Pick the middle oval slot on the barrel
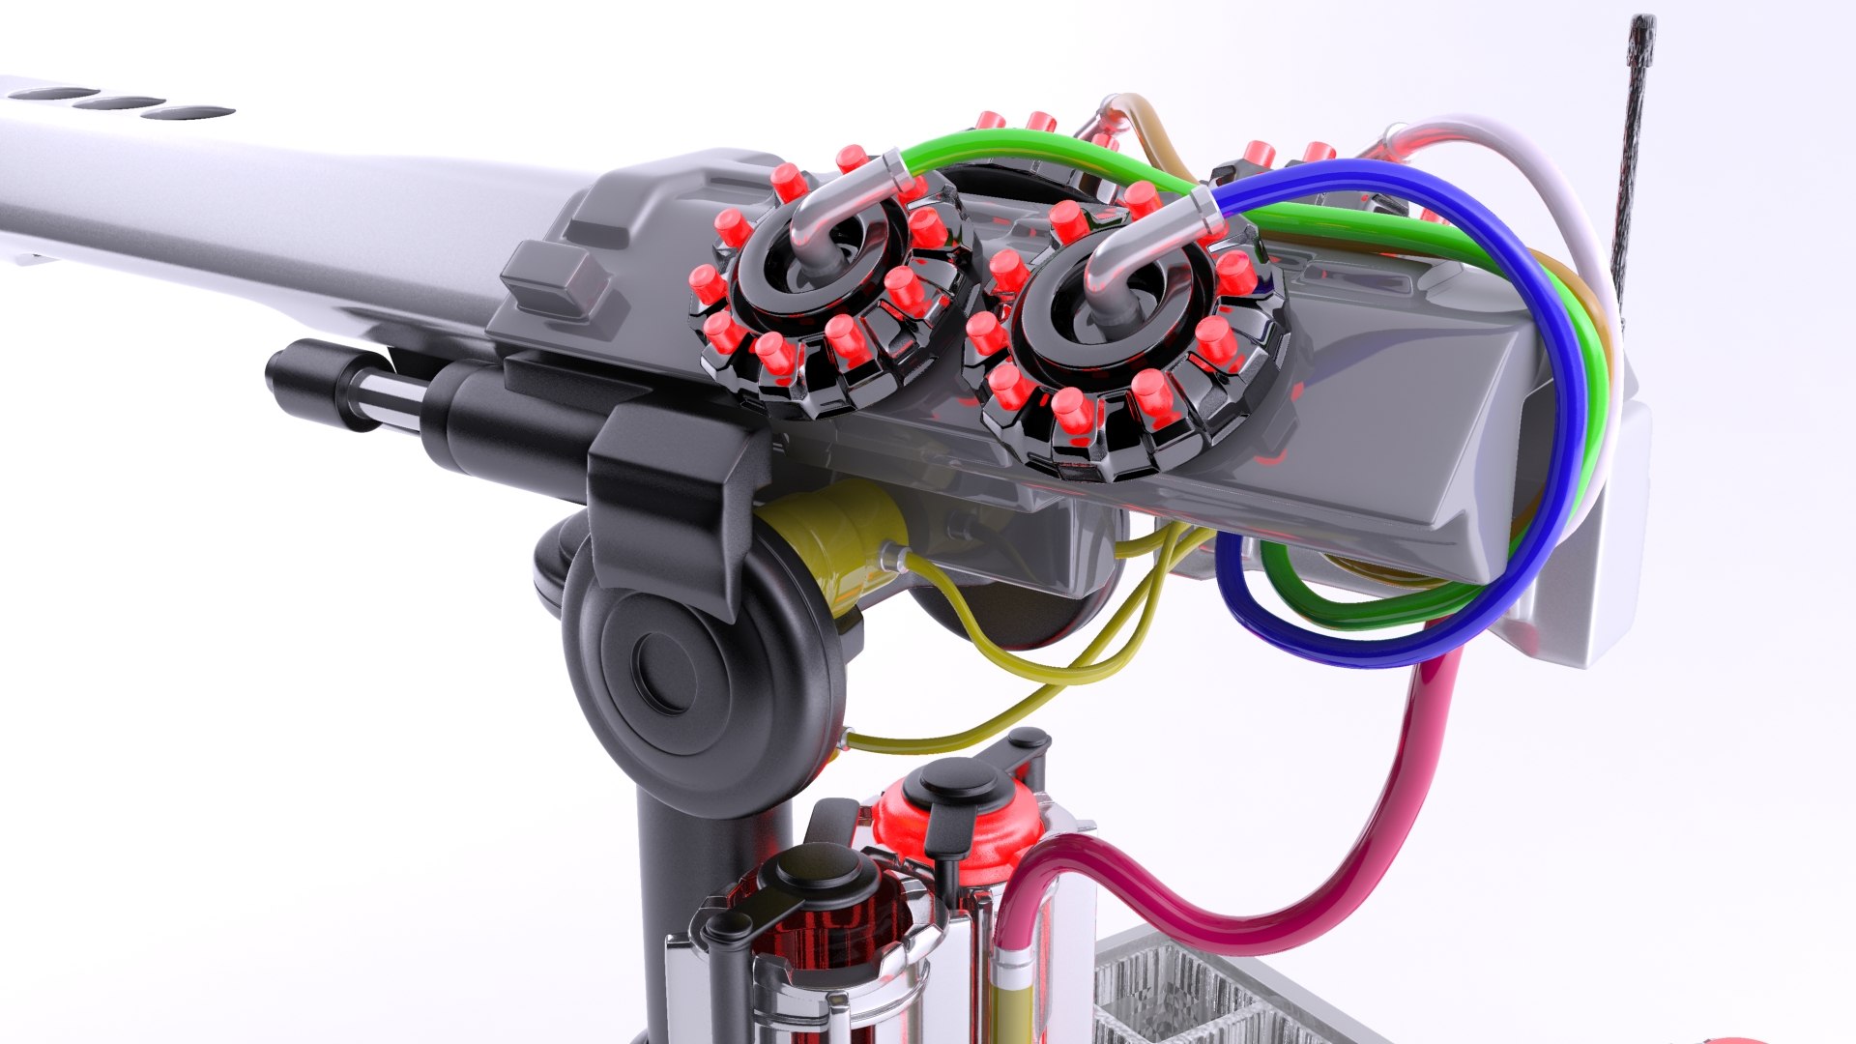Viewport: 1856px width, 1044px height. point(121,102)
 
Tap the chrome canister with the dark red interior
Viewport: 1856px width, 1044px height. point(822,947)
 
